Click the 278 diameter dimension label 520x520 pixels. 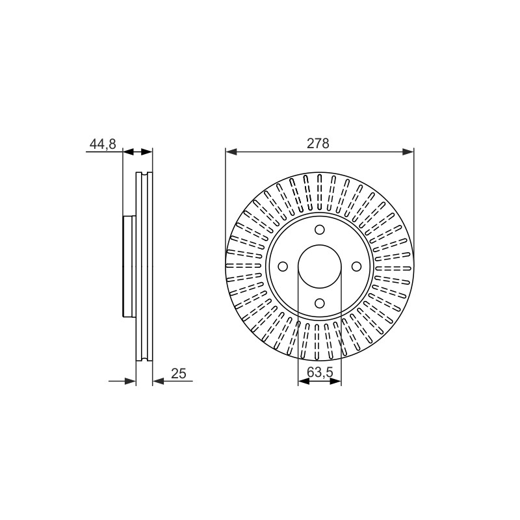point(318,143)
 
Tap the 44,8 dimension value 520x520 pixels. point(103,144)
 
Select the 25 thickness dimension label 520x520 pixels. point(178,373)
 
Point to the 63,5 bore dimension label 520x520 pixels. point(320,372)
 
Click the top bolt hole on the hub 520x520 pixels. point(320,229)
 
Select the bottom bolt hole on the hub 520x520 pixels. point(320,303)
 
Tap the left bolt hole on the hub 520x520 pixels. point(283,266)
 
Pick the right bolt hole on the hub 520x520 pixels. point(356,266)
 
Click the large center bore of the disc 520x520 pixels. point(320,266)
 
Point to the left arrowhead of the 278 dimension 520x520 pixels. point(231,152)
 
